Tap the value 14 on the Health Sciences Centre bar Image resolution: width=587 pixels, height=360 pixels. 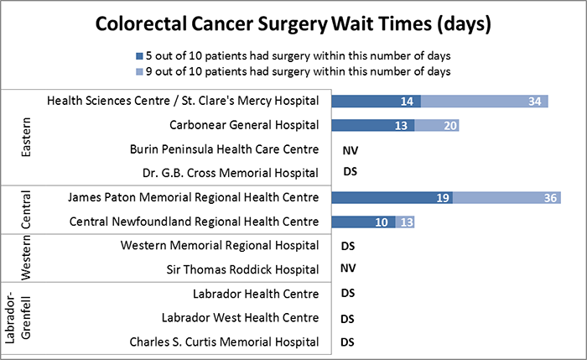point(408,102)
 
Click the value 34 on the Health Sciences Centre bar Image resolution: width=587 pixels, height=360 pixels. point(534,102)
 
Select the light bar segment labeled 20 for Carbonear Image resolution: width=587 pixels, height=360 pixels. point(438,126)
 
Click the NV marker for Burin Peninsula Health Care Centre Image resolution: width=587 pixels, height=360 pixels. point(351,150)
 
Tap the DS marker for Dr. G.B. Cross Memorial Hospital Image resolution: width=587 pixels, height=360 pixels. point(351,174)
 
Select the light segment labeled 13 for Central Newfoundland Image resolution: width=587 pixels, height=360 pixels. point(406,222)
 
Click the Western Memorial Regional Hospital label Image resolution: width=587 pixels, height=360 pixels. point(220,246)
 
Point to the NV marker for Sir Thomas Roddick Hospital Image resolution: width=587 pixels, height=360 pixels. point(351,270)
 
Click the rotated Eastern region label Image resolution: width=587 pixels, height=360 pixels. point(26,138)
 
